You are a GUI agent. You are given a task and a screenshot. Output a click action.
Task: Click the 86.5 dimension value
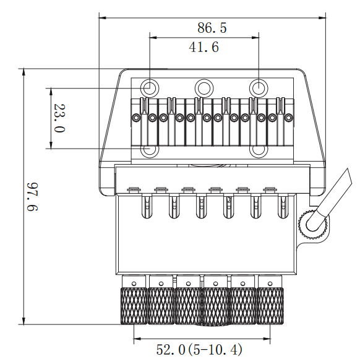pyautogui.click(x=212, y=28)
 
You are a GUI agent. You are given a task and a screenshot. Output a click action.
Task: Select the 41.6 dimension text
pyautogui.click(x=204, y=47)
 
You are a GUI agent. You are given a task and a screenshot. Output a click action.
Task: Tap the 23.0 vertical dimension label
pyautogui.click(x=59, y=118)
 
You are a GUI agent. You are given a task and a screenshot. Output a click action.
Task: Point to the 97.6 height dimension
pyautogui.click(x=32, y=197)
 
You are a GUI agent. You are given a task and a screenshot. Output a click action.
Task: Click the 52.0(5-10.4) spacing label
pyautogui.click(x=199, y=350)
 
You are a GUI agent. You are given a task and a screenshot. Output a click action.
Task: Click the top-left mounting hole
pyautogui.click(x=150, y=88)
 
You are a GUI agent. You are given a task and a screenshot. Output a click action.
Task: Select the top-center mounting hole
pyautogui.click(x=204, y=88)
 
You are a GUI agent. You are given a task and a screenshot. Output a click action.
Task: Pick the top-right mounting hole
pyautogui.click(x=259, y=88)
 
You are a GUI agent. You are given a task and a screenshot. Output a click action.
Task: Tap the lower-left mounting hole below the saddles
pyautogui.click(x=150, y=151)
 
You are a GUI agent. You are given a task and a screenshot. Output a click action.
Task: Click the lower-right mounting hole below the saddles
pyautogui.click(x=259, y=151)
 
